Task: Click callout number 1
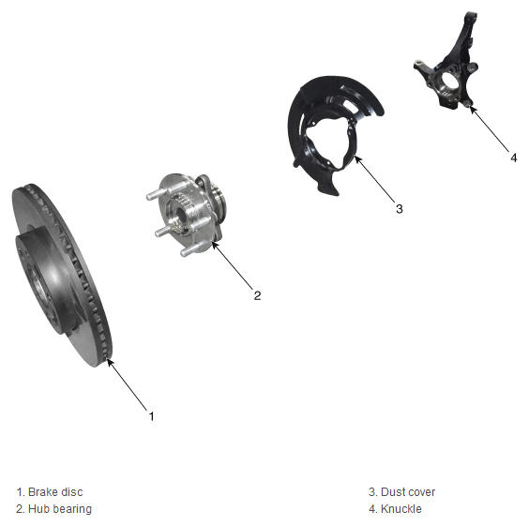coord(152,416)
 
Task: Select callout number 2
coord(257,295)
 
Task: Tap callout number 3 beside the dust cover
coord(400,209)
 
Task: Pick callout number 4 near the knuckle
coord(513,158)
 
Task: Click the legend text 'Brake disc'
coord(55,492)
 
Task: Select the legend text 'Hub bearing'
coord(60,509)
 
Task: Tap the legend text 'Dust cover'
coord(408,492)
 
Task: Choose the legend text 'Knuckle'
coord(401,509)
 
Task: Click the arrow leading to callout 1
coord(128,384)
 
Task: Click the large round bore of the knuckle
coord(448,82)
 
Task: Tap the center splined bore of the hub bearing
coord(179,214)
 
